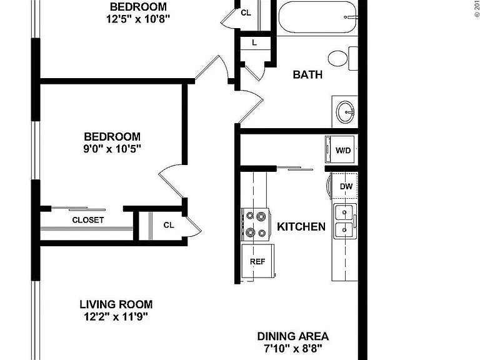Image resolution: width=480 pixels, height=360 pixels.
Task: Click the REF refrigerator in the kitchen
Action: coord(257,261)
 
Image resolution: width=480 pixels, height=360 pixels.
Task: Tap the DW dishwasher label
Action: coord(346,186)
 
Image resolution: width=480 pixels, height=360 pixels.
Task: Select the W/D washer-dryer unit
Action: coord(340,149)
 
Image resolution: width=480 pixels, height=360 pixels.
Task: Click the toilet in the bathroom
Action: coord(343,58)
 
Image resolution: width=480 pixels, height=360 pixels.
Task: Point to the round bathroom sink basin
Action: coord(346,112)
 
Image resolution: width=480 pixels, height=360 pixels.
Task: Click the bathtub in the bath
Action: coord(317,17)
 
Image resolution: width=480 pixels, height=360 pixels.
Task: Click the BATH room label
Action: coord(307,75)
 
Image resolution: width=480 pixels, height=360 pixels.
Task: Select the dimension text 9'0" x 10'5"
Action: coord(112,149)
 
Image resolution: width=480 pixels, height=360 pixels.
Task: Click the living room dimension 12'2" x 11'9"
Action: coord(116,316)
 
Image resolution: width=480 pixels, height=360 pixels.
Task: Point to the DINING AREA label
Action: coord(293,336)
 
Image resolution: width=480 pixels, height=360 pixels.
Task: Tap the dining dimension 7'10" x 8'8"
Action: coord(293,348)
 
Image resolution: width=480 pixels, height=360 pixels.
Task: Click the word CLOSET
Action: coord(88,220)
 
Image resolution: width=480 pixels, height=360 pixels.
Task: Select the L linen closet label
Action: coord(254,43)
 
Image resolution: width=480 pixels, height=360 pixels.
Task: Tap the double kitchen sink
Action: coord(345,221)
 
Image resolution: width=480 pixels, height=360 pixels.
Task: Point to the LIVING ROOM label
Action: coord(116,304)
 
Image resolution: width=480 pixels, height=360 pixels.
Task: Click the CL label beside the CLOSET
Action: coord(169,225)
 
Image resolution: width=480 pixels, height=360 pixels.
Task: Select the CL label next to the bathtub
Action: coord(246,13)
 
